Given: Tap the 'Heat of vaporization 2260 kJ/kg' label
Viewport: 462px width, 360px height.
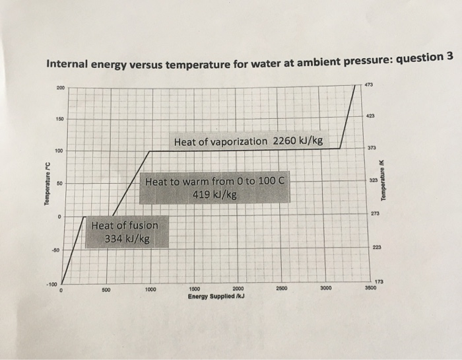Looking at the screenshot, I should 248,141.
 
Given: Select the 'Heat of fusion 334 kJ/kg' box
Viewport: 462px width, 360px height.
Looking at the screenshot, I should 129,232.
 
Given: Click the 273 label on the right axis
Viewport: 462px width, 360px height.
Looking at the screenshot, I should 374,213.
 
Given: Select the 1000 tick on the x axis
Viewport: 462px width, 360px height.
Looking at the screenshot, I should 150,289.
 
